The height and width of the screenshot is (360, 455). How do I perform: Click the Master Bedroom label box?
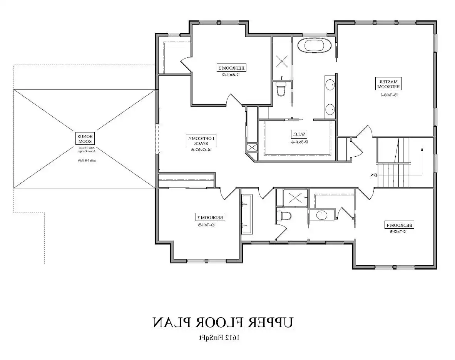(388, 84)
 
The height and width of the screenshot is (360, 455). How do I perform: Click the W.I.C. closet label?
(298, 134)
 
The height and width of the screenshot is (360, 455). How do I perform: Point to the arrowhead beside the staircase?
(422, 148)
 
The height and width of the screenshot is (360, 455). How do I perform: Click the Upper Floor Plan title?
(223, 323)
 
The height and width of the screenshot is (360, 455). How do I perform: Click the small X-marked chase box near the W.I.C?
(252, 148)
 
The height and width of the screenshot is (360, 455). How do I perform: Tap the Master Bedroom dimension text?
(389, 95)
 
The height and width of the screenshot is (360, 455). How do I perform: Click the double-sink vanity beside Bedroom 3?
(246, 214)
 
